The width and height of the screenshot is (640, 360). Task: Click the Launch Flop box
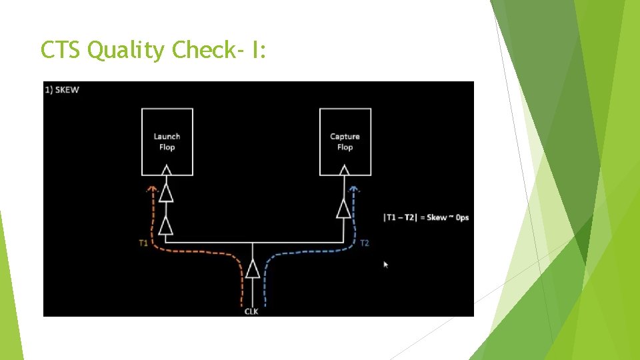pyautogui.click(x=167, y=142)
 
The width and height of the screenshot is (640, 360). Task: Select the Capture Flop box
pyautogui.click(x=345, y=142)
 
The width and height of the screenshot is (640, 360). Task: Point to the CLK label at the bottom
pyautogui.click(x=251, y=311)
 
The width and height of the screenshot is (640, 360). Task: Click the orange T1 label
pyautogui.click(x=143, y=243)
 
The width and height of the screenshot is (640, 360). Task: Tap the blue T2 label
pyautogui.click(x=364, y=243)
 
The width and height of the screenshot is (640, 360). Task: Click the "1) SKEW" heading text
pyautogui.click(x=62, y=90)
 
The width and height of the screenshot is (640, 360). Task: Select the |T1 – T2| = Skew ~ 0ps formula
pyautogui.click(x=425, y=217)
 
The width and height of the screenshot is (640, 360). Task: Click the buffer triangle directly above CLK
pyautogui.click(x=252, y=269)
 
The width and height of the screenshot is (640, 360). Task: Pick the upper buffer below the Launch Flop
pyautogui.click(x=167, y=193)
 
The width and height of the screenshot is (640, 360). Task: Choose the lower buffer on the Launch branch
pyautogui.click(x=167, y=225)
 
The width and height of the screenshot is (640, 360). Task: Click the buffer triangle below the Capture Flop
pyautogui.click(x=345, y=209)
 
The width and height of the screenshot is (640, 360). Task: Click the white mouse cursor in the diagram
pyautogui.click(x=385, y=264)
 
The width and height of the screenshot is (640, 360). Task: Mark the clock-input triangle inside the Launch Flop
pyautogui.click(x=167, y=171)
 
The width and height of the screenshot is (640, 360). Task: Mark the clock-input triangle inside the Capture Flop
pyautogui.click(x=345, y=171)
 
